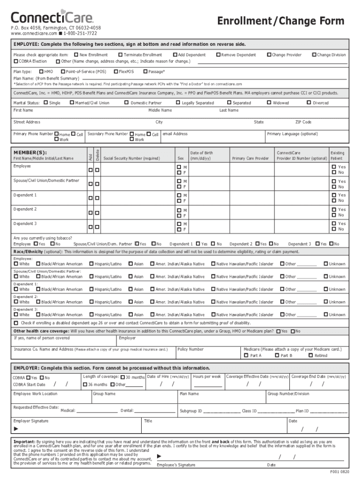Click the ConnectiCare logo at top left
52,18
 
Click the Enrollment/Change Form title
281,21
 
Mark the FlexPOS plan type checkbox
115,72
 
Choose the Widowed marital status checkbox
269,102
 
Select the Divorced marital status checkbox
309,102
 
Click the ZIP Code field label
303,122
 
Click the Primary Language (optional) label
292,134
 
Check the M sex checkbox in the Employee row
179,167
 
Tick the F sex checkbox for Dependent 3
179,229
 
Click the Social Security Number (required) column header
131,159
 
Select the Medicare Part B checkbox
277,356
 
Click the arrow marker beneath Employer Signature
16,429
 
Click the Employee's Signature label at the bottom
176,465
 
